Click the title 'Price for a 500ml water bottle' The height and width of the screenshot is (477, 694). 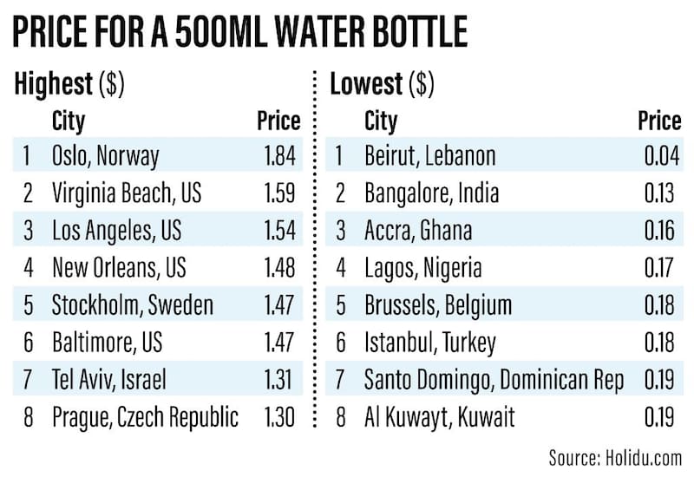[240, 33]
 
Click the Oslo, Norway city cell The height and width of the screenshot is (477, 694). [106, 156]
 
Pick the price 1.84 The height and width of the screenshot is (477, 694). [279, 156]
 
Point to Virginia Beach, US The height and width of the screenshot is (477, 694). [127, 193]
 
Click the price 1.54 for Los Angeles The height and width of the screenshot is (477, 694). [279, 230]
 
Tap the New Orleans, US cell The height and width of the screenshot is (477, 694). [119, 267]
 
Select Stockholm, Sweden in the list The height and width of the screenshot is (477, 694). [133, 305]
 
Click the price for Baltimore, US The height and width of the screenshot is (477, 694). [279, 343]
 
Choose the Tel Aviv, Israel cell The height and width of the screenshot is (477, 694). [108, 380]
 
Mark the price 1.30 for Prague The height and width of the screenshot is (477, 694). [279, 417]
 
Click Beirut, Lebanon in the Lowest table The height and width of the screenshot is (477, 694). [429, 156]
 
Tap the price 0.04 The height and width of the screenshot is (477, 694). [655, 156]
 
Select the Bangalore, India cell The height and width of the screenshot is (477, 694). [431, 193]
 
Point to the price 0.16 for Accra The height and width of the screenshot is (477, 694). [655, 230]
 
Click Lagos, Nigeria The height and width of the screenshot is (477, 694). [422, 267]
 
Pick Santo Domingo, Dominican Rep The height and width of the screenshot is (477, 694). [494, 380]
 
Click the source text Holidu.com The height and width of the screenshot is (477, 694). [616, 457]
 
